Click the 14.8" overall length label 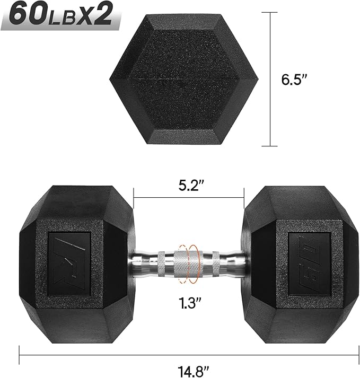point(189,366)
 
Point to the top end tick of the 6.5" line point(271,13)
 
